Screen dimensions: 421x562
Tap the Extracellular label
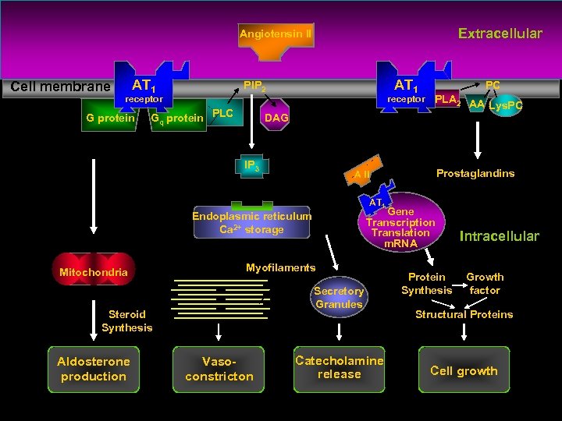pos(500,34)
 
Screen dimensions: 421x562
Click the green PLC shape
pos(223,115)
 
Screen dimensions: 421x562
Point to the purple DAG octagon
pos(276,118)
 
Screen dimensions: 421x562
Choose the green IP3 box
pos(251,166)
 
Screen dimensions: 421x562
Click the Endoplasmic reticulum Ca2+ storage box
pos(251,222)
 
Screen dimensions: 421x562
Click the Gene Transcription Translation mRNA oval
pos(401,222)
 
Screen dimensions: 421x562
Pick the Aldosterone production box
pos(94,369)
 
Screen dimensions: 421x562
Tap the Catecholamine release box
pos(339,367)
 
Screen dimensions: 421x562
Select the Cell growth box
pos(464,370)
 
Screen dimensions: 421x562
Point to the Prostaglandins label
pos(475,173)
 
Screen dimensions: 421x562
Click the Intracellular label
pos(499,236)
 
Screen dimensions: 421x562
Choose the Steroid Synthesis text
pos(126,320)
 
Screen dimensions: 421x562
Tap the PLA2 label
pos(447,100)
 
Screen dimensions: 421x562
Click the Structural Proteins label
pos(464,314)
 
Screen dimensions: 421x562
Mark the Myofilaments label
pos(280,267)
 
